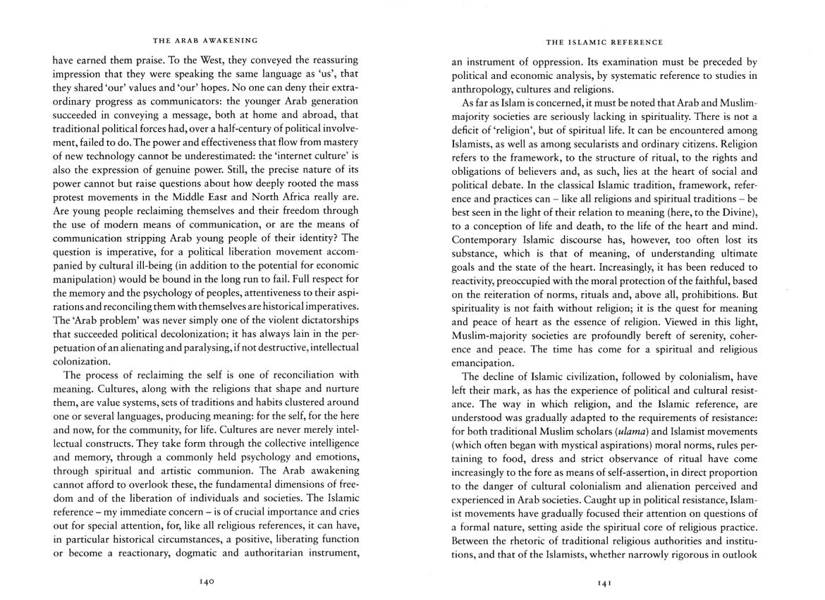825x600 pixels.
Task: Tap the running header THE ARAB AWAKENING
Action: point(205,41)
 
